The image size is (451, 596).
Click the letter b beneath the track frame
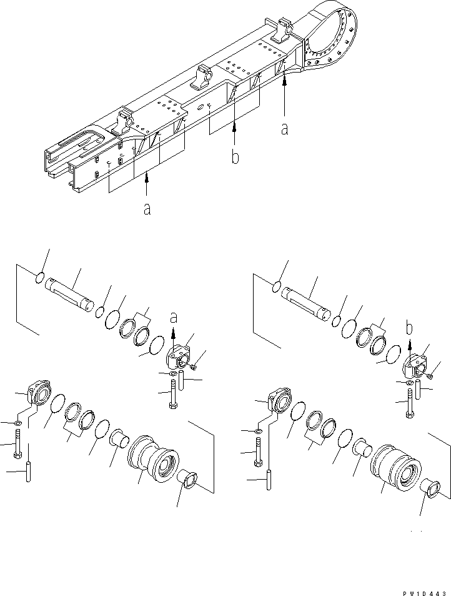coord(235,157)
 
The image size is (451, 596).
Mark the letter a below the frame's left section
coord(146,209)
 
